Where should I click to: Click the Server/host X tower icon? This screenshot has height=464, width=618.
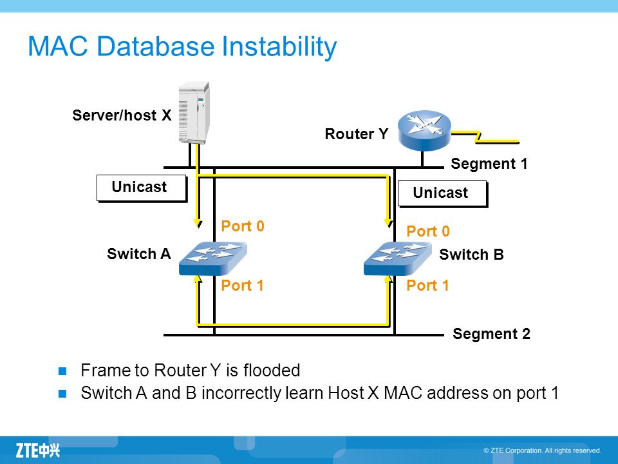pyautogui.click(x=194, y=113)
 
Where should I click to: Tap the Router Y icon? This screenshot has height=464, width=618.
pyautogui.click(x=424, y=130)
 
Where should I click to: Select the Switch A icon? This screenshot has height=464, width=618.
pyautogui.click(x=213, y=258)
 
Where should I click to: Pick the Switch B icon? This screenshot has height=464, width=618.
pyautogui.click(x=397, y=258)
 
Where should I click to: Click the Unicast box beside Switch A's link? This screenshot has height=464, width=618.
pyautogui.click(x=141, y=188)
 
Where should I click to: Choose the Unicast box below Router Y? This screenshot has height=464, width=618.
pyautogui.click(x=443, y=193)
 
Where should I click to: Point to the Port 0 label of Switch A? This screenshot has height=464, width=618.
pyautogui.click(x=243, y=226)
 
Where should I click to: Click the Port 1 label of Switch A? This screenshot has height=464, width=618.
pyautogui.click(x=243, y=285)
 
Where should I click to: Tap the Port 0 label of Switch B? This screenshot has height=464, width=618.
pyautogui.click(x=428, y=231)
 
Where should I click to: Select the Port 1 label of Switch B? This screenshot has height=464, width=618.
pyautogui.click(x=428, y=285)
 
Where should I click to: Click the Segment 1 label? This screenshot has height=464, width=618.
pyautogui.click(x=489, y=163)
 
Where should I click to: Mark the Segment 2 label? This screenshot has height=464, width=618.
pyautogui.click(x=491, y=334)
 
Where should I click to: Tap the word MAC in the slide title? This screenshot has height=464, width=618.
pyautogui.click(x=58, y=46)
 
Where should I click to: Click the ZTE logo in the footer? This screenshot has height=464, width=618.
pyautogui.click(x=38, y=450)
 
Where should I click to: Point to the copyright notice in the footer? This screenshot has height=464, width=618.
pyautogui.click(x=542, y=450)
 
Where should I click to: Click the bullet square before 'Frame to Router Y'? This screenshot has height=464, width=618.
pyautogui.click(x=62, y=371)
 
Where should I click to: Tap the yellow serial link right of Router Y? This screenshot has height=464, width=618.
pyautogui.click(x=485, y=137)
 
